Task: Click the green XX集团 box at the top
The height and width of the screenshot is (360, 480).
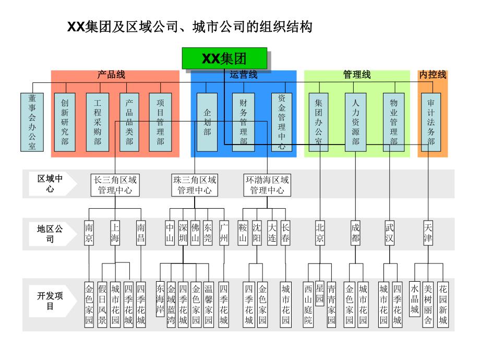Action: [224, 58]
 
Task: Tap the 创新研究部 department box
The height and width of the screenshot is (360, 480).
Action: [65, 122]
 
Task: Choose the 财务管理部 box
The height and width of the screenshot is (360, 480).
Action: [243, 122]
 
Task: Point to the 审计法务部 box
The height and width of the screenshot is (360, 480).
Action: [431, 122]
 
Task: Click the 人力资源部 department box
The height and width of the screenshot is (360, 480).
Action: [356, 122]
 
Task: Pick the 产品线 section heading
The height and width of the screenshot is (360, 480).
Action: [112, 75]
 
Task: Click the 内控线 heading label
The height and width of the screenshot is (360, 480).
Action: [433, 75]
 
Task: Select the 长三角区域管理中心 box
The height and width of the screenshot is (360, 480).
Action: [115, 185]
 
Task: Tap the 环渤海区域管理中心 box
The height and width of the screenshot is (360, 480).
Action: [267, 185]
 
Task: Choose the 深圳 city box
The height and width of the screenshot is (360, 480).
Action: [183, 233]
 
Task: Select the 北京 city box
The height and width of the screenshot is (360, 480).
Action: [320, 233]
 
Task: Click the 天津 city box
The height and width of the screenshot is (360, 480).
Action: [428, 233]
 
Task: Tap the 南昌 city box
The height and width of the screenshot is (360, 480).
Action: [141, 233]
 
